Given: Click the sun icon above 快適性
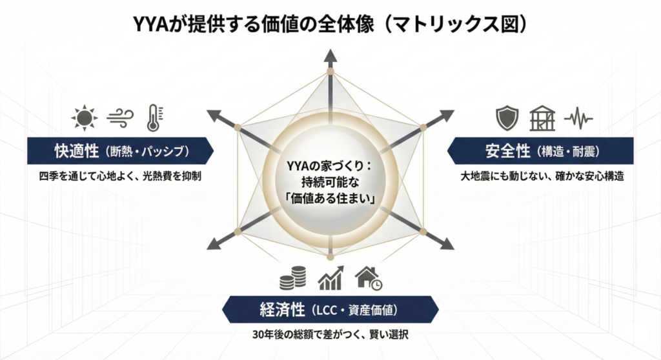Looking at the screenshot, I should coord(84,118).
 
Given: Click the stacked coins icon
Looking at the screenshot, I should coord(292,278).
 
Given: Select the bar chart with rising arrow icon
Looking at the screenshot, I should coord(330,278).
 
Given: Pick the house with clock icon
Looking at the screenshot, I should coord(369,277).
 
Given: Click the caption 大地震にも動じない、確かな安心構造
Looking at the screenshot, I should coord(542,175).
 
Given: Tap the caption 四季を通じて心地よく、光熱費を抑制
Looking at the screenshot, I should coord(120,175).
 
